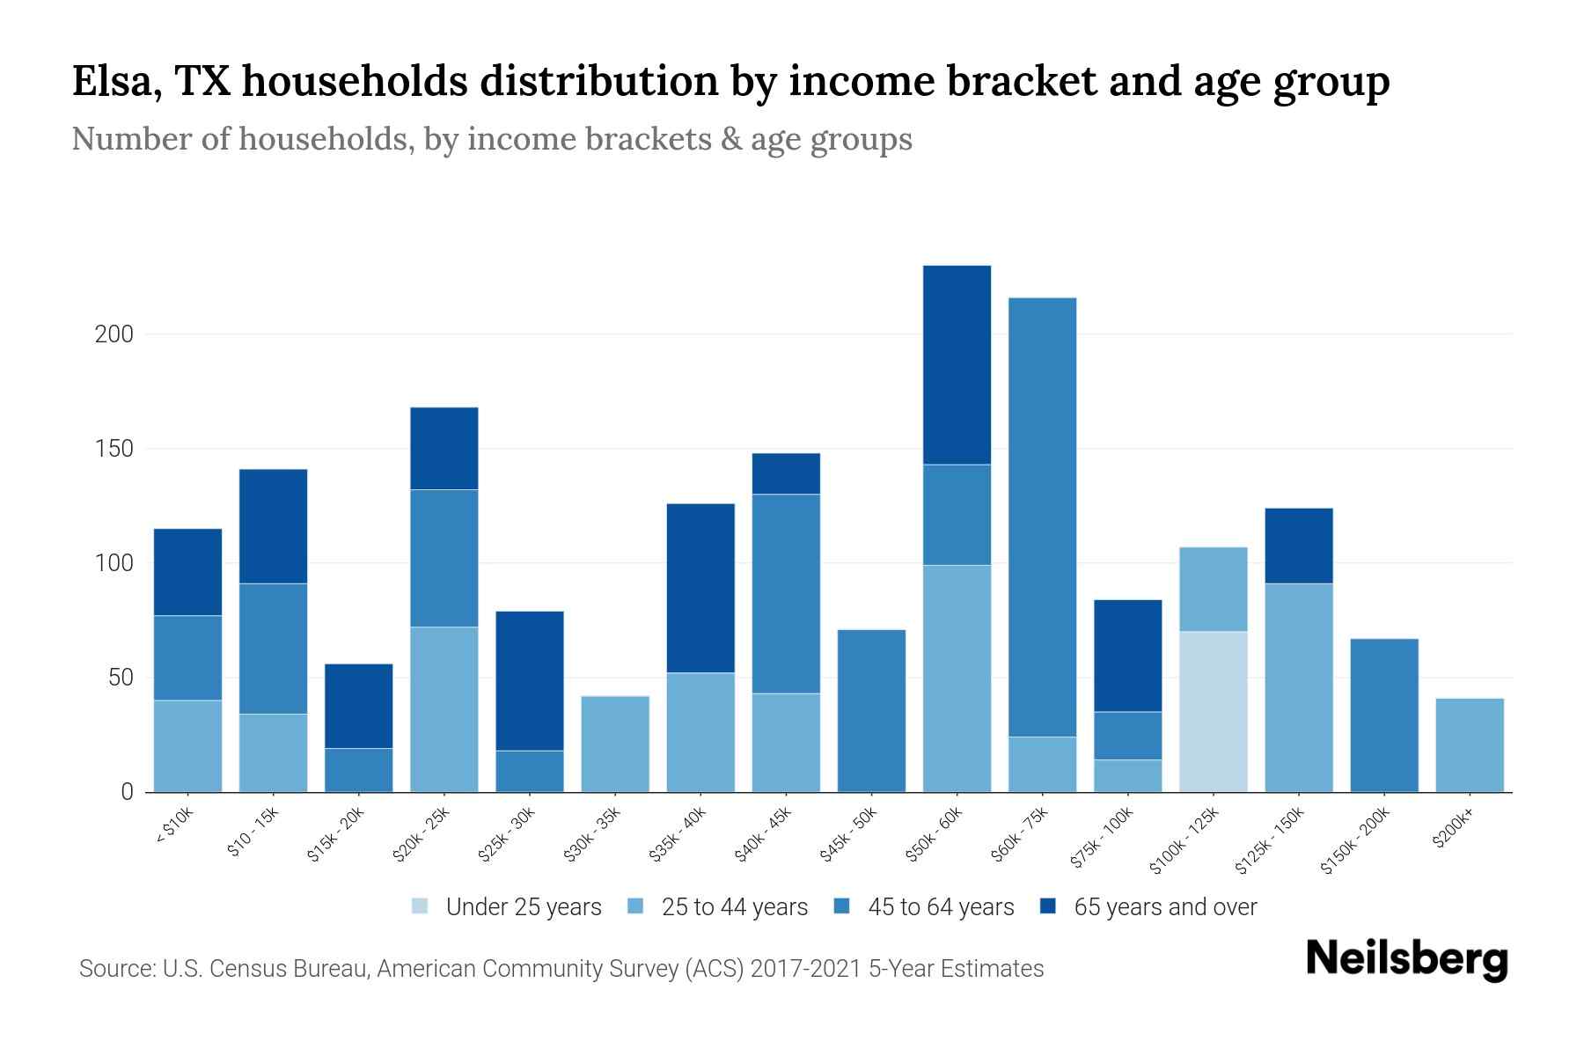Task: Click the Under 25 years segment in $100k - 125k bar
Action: (x=1214, y=711)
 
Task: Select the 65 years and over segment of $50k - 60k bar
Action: (x=957, y=364)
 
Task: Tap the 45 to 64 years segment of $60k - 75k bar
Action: (x=1042, y=517)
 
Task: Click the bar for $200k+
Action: (x=1470, y=744)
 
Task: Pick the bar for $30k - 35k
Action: (x=615, y=744)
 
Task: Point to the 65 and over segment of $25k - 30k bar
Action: (x=530, y=680)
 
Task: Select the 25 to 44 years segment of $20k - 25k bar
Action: (x=444, y=708)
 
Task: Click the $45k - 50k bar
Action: (x=871, y=710)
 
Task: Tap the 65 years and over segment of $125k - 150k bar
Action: (x=1299, y=546)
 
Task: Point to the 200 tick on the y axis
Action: (x=114, y=334)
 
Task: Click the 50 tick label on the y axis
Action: (x=119, y=678)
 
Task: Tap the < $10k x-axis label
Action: (x=175, y=826)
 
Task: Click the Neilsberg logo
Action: (x=1406, y=959)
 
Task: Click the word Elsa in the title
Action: (x=115, y=82)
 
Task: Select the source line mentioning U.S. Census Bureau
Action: (x=561, y=969)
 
